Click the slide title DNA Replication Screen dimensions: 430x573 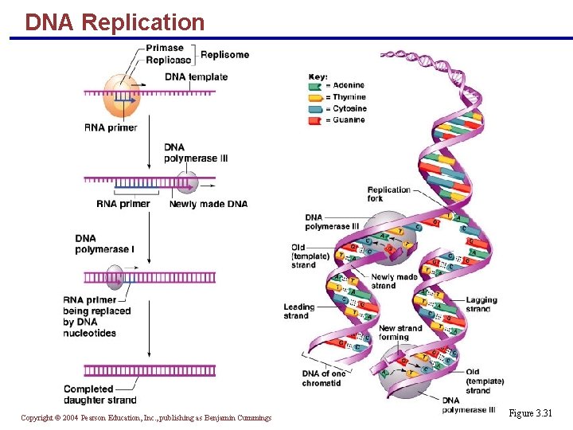(115, 21)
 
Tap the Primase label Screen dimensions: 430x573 (165, 49)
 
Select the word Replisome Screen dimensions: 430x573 (224, 55)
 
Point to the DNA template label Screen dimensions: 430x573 (196, 77)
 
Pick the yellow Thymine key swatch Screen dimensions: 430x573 (314, 97)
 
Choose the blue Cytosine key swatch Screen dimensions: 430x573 (314, 108)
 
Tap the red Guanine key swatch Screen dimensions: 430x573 (314, 119)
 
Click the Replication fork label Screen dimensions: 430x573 (389, 193)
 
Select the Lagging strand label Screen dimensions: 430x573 (481, 304)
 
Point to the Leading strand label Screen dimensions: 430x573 (299, 311)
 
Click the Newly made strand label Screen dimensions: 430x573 (393, 281)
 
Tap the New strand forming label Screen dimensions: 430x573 (400, 332)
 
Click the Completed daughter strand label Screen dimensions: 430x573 (100, 394)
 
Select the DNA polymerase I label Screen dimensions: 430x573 (105, 244)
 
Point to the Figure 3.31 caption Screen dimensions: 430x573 (531, 413)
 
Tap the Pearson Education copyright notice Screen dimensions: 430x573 (146, 418)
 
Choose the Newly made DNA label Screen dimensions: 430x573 (208, 204)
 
